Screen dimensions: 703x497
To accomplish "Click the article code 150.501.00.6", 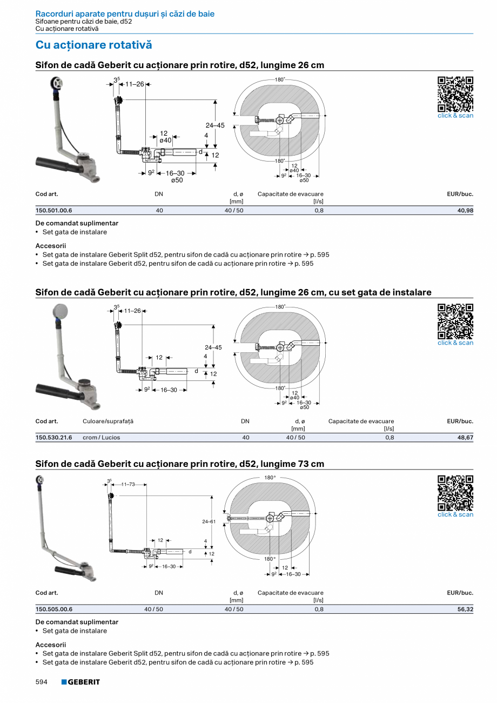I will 53,210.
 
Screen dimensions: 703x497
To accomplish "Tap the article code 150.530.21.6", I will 53,437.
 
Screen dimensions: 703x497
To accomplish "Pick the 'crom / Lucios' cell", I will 101,437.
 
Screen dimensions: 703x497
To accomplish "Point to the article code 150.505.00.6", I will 53,609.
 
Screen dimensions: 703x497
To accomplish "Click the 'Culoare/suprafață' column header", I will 108,421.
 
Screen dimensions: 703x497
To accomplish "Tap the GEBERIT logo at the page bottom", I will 80,682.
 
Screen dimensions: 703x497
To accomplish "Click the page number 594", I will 42,682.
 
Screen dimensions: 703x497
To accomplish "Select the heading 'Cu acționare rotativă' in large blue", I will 93,45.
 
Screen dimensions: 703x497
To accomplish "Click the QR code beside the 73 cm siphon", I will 455,493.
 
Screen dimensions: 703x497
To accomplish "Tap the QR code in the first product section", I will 455,94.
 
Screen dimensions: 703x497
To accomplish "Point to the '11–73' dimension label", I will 128,484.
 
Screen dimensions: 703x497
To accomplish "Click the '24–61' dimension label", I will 209,521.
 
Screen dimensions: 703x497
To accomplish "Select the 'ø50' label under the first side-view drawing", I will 177,180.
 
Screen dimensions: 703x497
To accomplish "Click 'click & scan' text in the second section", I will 455,343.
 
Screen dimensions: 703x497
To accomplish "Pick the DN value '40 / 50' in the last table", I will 153,609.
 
